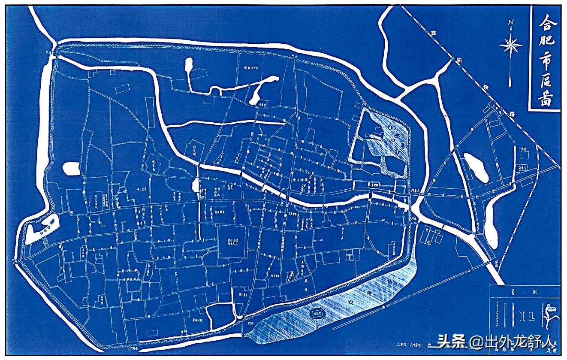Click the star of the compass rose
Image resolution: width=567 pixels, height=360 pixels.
[510, 44]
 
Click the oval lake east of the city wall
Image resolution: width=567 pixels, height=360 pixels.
[476, 167]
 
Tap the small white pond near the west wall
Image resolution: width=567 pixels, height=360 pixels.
[72, 168]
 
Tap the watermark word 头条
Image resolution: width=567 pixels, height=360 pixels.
[451, 342]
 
